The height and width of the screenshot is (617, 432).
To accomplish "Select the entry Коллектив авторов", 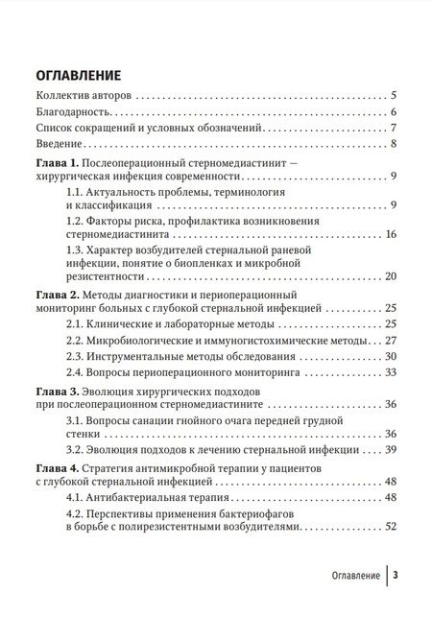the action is [x=84, y=97].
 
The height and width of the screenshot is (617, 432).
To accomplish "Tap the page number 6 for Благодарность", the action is [x=395, y=113].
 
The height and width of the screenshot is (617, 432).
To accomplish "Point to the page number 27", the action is [x=391, y=341].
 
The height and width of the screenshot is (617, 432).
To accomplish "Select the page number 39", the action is [x=391, y=448].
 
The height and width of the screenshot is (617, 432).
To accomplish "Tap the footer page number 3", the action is [x=396, y=576].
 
